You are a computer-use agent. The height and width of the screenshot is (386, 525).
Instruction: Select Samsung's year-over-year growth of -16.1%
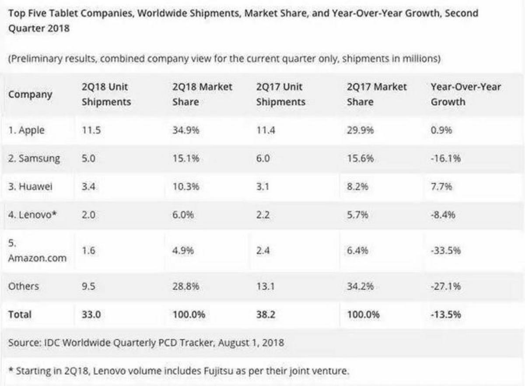[x=446, y=159]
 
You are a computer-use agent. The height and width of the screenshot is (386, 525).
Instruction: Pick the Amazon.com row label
[x=38, y=258]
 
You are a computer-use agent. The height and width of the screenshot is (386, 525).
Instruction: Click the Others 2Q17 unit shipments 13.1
[x=266, y=286]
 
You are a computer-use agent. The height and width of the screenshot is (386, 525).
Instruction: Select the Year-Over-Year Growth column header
[x=466, y=94]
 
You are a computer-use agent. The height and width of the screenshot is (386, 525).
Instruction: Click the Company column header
[x=30, y=95]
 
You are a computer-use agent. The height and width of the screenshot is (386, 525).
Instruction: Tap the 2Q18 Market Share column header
[x=203, y=94]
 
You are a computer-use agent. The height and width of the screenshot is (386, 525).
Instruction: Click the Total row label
[x=20, y=315]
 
